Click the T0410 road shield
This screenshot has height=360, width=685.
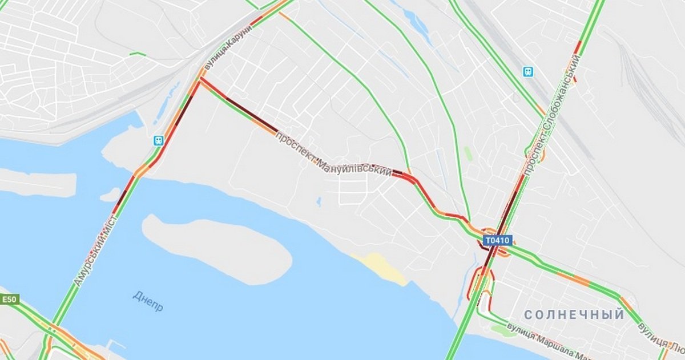[x=498, y=241]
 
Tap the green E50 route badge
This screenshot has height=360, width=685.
[x=10, y=300]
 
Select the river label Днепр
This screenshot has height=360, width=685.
[x=148, y=301]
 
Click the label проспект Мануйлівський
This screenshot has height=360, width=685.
[x=333, y=155]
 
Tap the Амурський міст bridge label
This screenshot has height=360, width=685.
[x=94, y=250]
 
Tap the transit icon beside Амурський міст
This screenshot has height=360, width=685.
[x=158, y=140]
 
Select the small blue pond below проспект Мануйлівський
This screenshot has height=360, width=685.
[x=319, y=201]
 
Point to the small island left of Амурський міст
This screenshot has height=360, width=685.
[x=110, y=196]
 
